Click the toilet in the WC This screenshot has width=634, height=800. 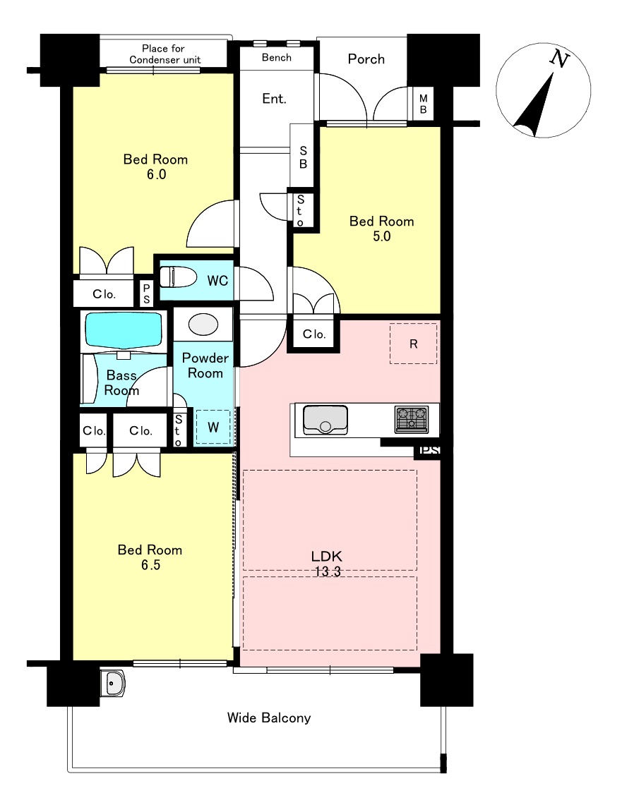coord(178,277)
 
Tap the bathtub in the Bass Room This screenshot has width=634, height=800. coord(124,331)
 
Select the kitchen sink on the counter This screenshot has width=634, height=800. coord(325,419)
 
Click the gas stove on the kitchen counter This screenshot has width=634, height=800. coord(412,419)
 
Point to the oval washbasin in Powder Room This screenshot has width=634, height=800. coord(203,325)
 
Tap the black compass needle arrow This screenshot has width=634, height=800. coord(534,105)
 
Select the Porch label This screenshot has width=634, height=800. coord(366,59)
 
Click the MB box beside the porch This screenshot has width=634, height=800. coord(423,104)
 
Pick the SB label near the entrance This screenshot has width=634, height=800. coord(303,157)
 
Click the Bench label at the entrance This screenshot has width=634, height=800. coord(277,58)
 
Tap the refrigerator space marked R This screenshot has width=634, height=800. coord(414,344)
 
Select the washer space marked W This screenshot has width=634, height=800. coord(213,427)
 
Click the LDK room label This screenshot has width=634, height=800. coord(327,556)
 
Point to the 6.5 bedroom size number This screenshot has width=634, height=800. coord(150,565)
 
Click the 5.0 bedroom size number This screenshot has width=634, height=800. coord(382,236)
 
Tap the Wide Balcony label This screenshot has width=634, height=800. coord(269,718)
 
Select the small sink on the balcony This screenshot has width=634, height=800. coord(112,683)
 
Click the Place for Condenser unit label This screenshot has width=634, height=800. coord(165,54)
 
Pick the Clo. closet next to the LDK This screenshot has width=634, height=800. coord(314,334)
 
